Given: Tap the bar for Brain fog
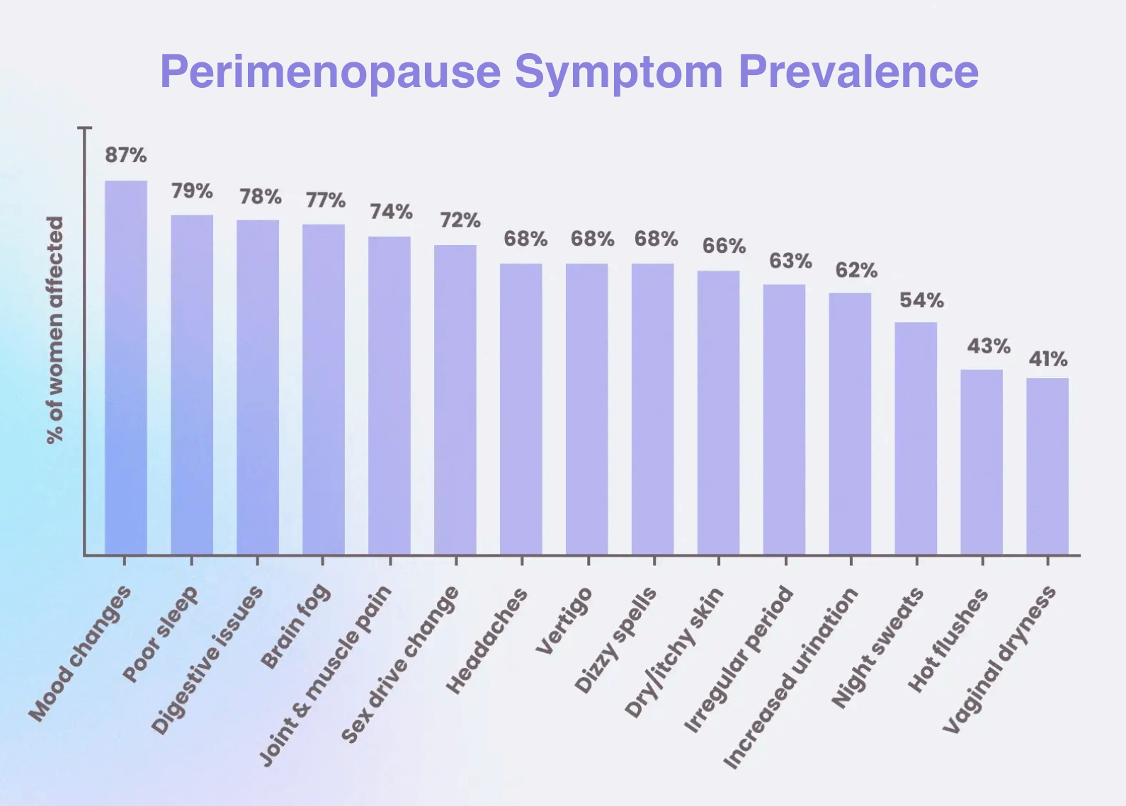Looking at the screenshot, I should [x=324, y=389].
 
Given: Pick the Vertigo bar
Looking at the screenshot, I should [x=587, y=409].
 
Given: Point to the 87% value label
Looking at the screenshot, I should [x=126, y=155].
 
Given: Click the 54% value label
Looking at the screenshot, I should [x=921, y=300].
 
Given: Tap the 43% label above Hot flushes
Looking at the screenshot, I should [x=989, y=346].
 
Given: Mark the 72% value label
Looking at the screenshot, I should [x=460, y=220].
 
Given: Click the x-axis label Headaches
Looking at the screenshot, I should [x=487, y=640].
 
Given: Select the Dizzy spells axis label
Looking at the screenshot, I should [x=615, y=640].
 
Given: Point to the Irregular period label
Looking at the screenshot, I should [x=739, y=659].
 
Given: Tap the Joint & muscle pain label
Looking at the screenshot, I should [x=326, y=676].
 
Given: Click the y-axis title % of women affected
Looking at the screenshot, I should [x=55, y=330].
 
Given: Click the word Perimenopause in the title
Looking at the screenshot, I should [x=331, y=72].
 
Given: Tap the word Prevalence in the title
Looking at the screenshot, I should [x=858, y=72].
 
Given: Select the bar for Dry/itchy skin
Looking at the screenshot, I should [x=719, y=412].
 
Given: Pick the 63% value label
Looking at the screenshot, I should [x=790, y=261].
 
